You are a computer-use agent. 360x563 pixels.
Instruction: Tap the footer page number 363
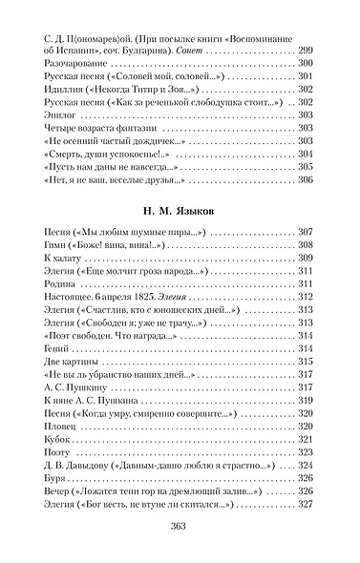click(180, 527)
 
